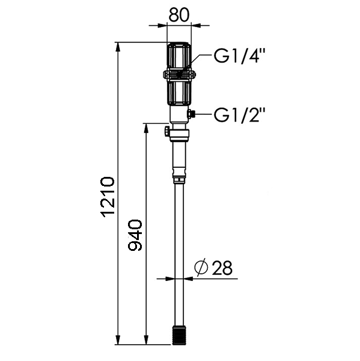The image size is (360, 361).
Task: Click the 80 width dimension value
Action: [178, 14]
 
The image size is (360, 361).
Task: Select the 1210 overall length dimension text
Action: [108, 197]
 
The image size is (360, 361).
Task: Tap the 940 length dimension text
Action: [135, 235]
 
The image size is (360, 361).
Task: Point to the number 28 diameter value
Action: [222, 268]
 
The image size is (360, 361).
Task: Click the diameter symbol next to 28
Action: [201, 267]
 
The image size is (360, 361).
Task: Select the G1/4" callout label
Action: [239, 55]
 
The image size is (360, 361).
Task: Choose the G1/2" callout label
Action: [239, 114]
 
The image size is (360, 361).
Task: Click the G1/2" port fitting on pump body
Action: [191, 114]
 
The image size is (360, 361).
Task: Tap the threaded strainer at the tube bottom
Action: [179, 335]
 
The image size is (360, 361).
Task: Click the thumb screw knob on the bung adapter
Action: [166, 132]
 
